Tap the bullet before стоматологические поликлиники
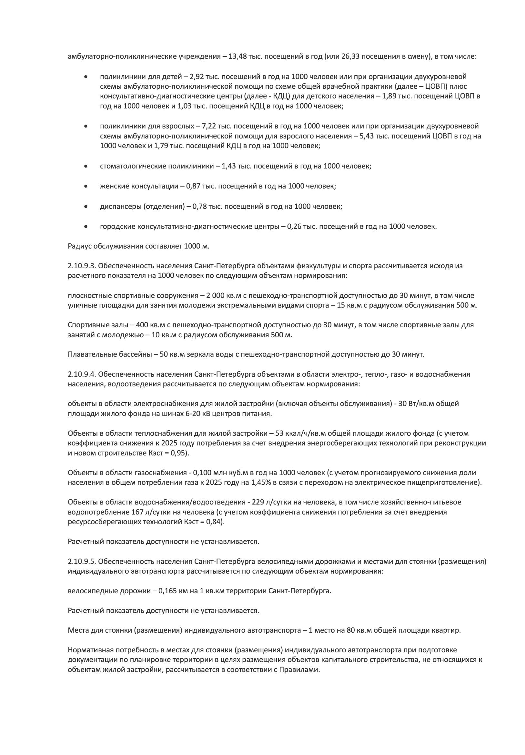[86, 166]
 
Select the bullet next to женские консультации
[86, 187]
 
